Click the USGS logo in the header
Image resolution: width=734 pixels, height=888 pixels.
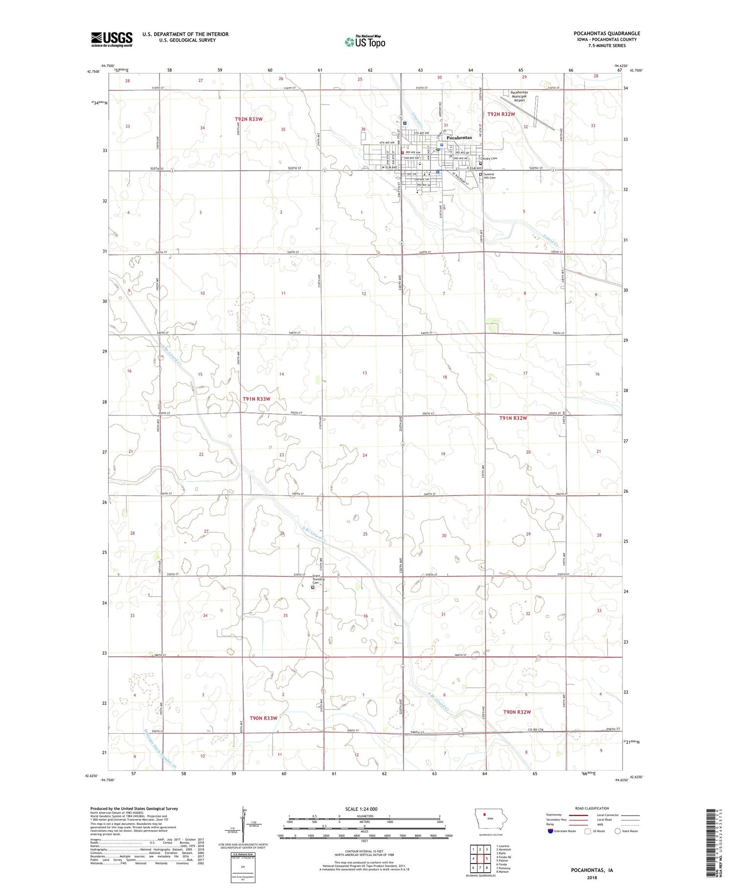coord(112,39)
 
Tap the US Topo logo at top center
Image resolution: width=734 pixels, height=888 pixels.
coord(365,42)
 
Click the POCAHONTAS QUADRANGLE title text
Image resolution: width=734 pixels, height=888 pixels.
coord(607,33)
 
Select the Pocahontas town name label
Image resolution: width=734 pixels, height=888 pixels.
coord(459,138)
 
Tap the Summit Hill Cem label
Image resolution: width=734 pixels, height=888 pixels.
coord(490,176)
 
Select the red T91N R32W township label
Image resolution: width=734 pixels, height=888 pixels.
coord(513,418)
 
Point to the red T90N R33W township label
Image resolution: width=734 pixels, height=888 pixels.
coord(263,718)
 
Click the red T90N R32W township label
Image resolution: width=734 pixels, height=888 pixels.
coord(517,712)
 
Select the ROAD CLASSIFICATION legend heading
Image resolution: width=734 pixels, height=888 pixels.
coord(592,808)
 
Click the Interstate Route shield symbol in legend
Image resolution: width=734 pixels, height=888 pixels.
coord(550,831)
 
